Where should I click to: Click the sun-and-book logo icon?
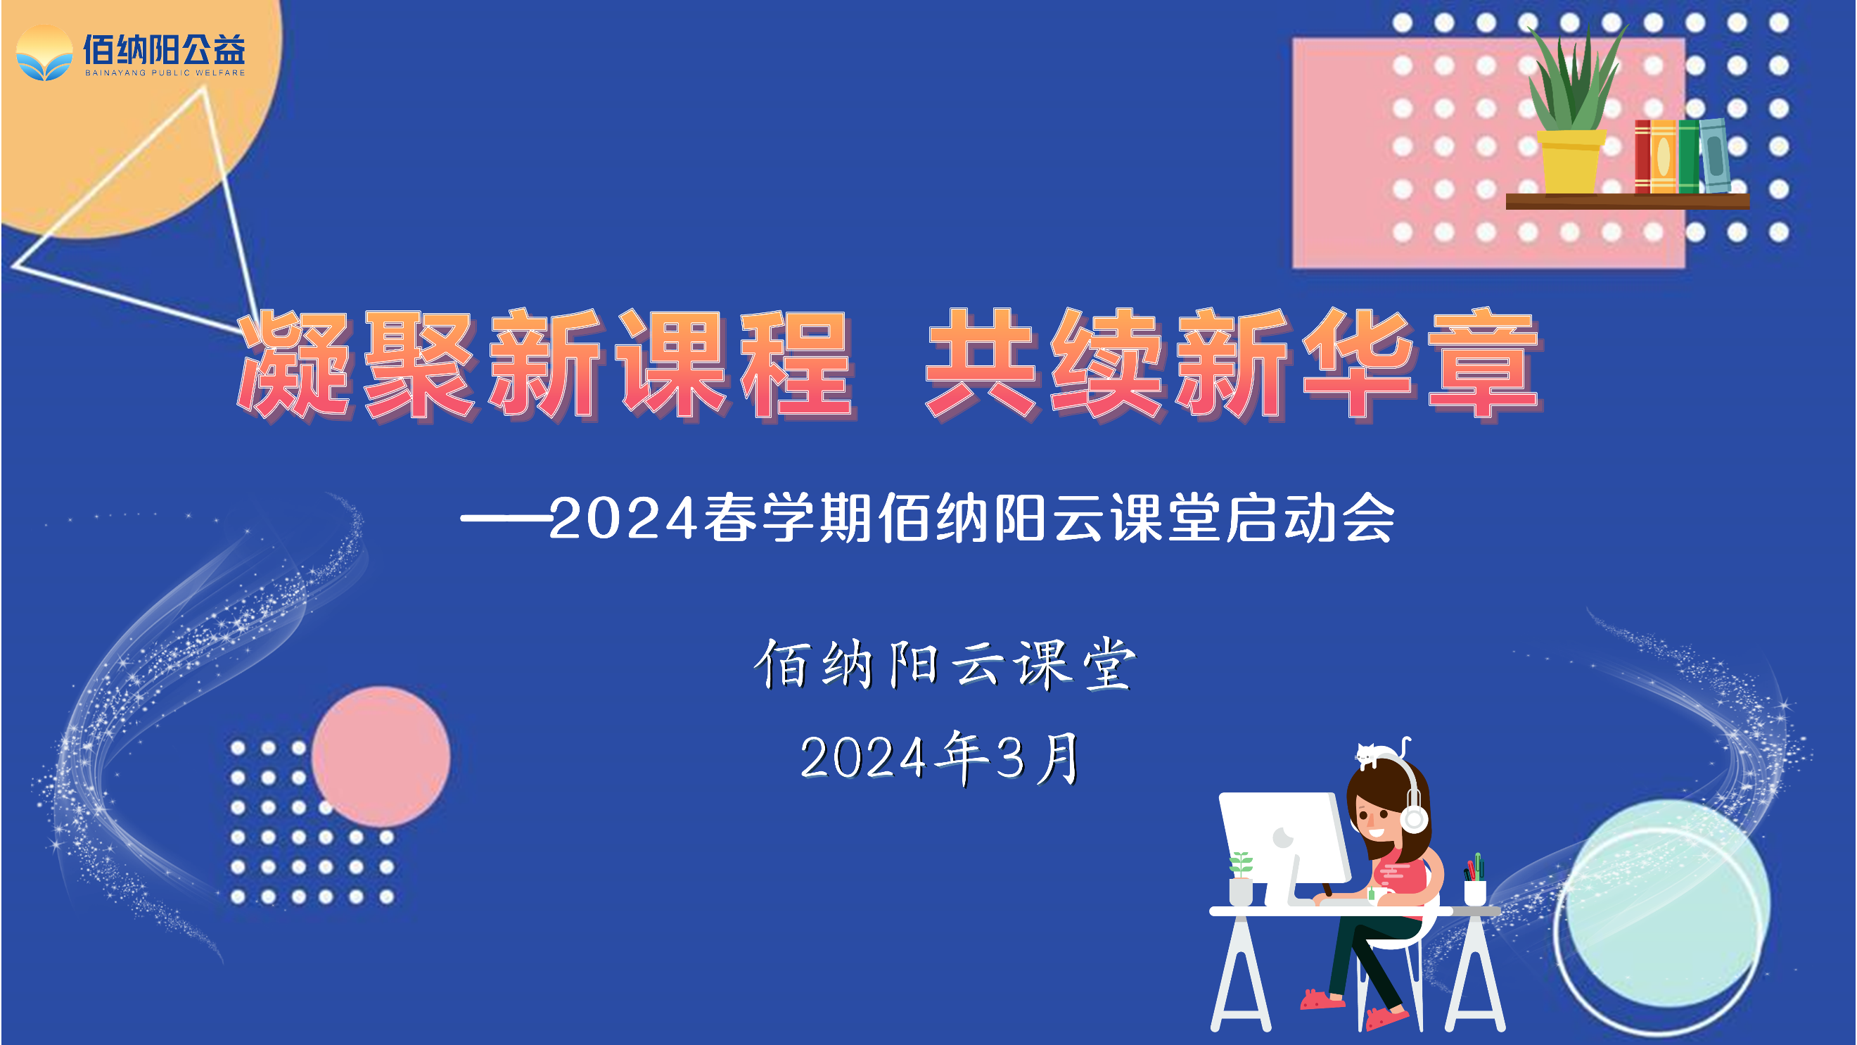coord(45,53)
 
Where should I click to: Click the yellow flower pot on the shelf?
coord(1571,162)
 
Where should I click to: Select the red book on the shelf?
coord(1642,156)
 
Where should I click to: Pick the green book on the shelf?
coord(1688,156)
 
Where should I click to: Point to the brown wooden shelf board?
coord(1628,201)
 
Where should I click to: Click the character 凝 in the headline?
coord(296,365)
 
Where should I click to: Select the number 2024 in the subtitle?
coord(623,518)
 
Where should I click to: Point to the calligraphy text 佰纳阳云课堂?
coord(945,664)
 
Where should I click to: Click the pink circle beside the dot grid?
coord(381,756)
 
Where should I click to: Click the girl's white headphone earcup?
coord(1414,818)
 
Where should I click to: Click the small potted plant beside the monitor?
coord(1241,878)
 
